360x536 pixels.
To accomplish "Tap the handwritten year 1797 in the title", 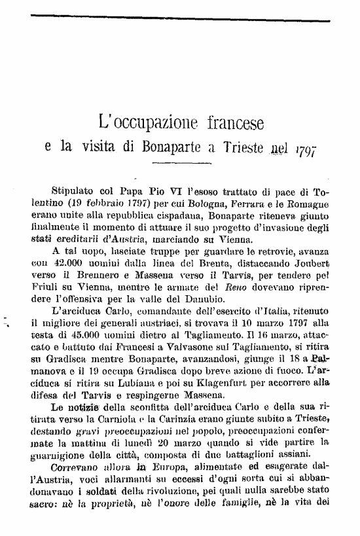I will tap(308, 149).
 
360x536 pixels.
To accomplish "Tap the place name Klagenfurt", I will tap(215, 373).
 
